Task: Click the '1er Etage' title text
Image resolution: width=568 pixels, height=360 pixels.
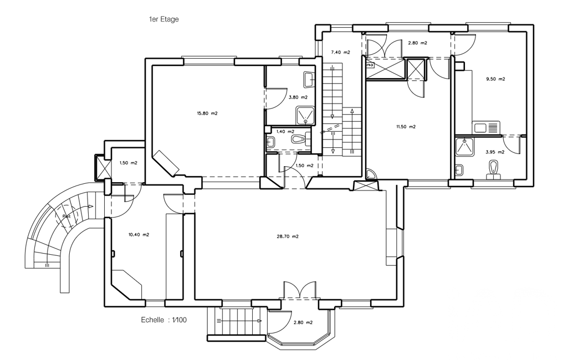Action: coord(164,19)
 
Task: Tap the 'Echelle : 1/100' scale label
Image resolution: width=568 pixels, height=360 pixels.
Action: coord(163,320)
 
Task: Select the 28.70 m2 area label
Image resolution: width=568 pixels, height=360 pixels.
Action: coord(288,236)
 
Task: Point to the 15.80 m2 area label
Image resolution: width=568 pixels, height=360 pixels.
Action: coord(207,114)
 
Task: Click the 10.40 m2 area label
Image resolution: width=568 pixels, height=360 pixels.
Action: coord(139,235)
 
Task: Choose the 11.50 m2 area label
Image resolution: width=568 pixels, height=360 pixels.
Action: coord(406,127)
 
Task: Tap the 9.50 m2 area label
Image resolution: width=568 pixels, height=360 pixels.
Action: coord(495,79)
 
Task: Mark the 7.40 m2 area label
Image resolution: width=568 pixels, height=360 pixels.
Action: coord(340,53)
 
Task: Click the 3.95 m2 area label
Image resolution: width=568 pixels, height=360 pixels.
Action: coord(495,152)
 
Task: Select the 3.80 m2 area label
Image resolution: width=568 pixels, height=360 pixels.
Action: coord(298,97)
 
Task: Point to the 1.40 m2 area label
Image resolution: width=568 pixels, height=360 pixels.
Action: coord(285,132)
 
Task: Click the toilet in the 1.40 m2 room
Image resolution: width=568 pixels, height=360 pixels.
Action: coord(299,139)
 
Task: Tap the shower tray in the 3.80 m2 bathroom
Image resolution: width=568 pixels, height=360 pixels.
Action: coord(305,115)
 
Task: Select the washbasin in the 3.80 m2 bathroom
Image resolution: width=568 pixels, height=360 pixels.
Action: coord(309,80)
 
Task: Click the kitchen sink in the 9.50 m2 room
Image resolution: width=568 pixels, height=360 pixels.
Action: coord(486,127)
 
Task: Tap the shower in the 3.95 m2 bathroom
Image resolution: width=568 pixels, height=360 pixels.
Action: coord(464,147)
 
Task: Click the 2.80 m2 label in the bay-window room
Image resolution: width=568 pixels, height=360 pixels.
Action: coord(303,323)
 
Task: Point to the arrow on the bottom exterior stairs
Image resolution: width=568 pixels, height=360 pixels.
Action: coord(239,321)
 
